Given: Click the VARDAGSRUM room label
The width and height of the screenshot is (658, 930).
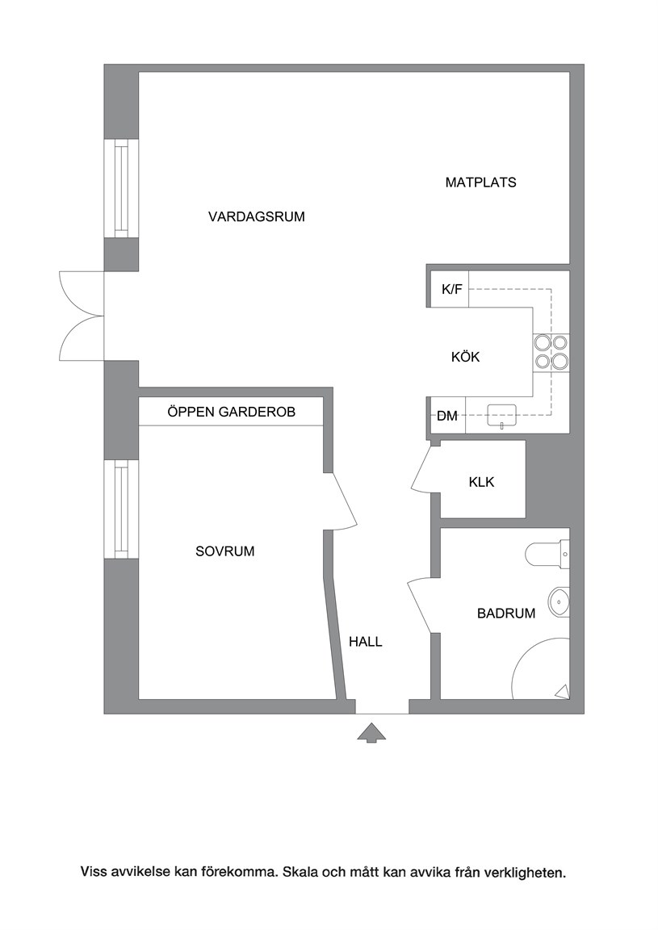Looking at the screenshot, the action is pyautogui.click(x=256, y=216).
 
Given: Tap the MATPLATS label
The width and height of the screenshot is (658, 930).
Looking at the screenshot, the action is pyautogui.click(x=480, y=182).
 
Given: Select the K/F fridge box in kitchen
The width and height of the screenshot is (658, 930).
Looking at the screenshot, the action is pyautogui.click(x=450, y=289).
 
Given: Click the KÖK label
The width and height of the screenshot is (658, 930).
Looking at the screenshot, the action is pyautogui.click(x=465, y=357).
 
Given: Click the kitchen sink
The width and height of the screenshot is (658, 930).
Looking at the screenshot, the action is pyautogui.click(x=502, y=415).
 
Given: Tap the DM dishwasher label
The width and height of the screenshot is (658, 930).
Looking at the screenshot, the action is pyautogui.click(x=447, y=417).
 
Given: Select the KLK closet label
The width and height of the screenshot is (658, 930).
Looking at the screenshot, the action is pyautogui.click(x=481, y=482).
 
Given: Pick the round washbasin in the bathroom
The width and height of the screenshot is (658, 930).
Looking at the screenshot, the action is pyautogui.click(x=559, y=602).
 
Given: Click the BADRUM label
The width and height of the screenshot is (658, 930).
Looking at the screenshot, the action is pyautogui.click(x=506, y=614).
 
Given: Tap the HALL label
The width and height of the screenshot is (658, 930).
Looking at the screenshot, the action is pyautogui.click(x=366, y=642).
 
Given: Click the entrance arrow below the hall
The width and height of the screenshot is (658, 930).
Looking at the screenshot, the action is pyautogui.click(x=371, y=733).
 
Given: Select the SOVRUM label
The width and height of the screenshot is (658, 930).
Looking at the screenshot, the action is pyautogui.click(x=225, y=551).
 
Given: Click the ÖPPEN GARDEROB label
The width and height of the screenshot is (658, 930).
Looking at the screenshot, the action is pyautogui.click(x=232, y=412).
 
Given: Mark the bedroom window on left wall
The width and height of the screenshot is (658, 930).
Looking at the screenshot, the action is pyautogui.click(x=121, y=509).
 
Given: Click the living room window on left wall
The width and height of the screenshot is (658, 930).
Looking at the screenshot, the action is pyautogui.click(x=121, y=189).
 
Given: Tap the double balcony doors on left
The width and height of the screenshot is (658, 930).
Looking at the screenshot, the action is pyautogui.click(x=82, y=316).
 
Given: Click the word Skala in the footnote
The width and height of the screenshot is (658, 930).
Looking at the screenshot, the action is pyautogui.click(x=301, y=873).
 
